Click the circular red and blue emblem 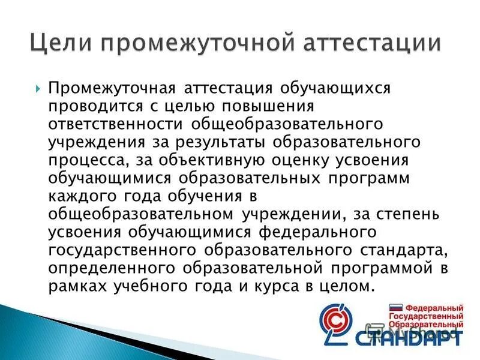pyautogui.click(x=337, y=324)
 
